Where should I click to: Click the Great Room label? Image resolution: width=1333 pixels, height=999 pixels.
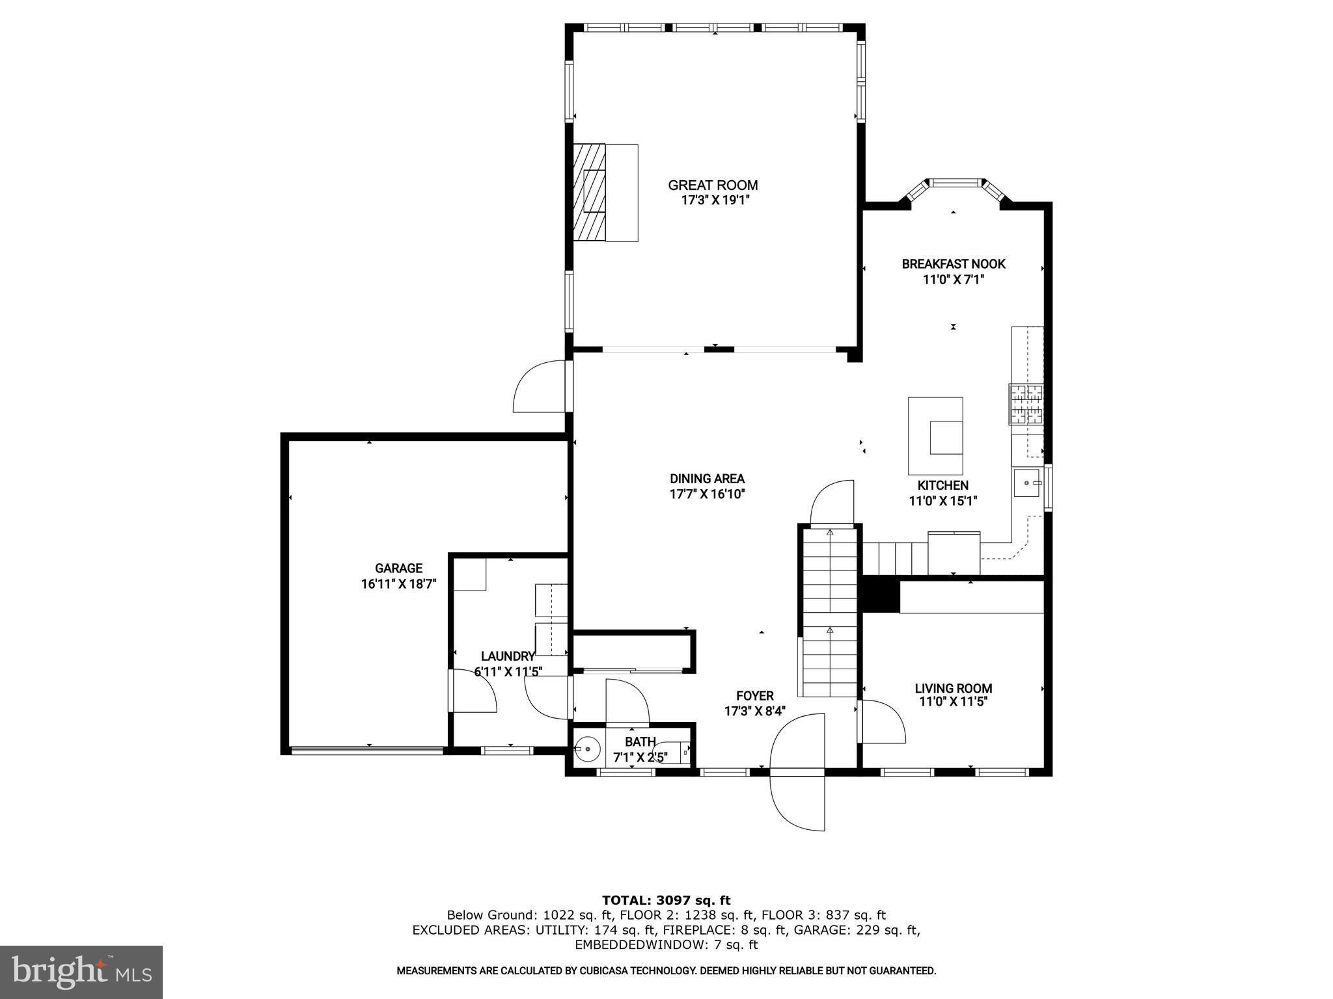[713, 185]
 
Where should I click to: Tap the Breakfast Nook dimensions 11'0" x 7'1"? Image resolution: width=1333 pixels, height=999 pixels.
[953, 280]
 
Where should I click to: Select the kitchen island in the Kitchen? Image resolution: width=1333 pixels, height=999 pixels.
[935, 436]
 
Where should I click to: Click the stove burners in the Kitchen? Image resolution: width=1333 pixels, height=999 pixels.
[1026, 404]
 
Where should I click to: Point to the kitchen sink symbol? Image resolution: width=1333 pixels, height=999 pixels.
[1028, 483]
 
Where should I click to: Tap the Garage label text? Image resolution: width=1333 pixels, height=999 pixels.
[398, 568]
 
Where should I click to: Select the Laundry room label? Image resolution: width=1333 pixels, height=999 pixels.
[508, 656]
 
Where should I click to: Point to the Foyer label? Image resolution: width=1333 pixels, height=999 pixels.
[754, 696]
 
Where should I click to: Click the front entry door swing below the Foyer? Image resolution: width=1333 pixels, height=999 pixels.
[798, 803]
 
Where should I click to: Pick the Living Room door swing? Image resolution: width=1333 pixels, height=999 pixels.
[882, 722]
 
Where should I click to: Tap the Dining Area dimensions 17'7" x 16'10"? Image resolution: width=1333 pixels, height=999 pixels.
[707, 494]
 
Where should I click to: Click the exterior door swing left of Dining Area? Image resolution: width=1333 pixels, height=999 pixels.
[539, 387]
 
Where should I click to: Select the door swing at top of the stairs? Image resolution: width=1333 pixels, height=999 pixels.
[832, 502]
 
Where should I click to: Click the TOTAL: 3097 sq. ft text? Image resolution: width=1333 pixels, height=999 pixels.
[666, 900]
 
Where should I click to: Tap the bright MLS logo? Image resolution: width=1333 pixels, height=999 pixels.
[81, 972]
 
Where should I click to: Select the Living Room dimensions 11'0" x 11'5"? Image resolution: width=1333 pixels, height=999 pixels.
[953, 702]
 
